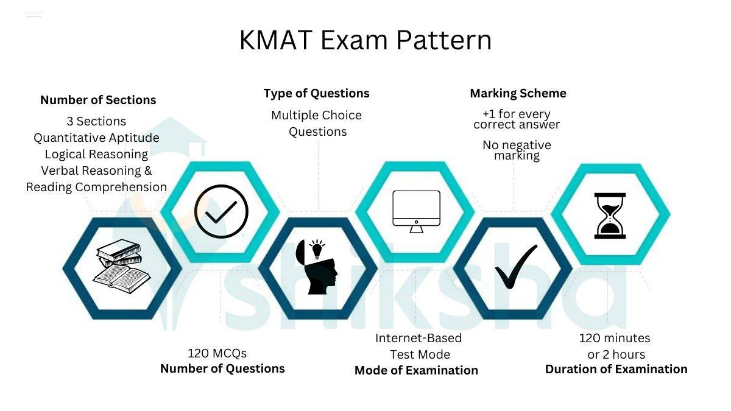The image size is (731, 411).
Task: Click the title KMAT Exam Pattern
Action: coord(365,40)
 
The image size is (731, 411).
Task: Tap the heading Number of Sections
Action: coord(98,100)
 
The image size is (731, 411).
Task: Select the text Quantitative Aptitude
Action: coord(96,138)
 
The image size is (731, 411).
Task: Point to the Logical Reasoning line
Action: coord(96,154)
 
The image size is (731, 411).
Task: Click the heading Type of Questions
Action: coord(316,94)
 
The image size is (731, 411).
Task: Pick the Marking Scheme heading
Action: coord(518,93)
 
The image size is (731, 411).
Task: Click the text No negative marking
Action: coord(517,150)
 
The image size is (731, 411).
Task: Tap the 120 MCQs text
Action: coord(217,353)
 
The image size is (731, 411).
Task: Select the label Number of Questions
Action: coord(222,368)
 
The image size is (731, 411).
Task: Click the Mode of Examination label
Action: coord(416,370)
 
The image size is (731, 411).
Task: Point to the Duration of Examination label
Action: coord(616,369)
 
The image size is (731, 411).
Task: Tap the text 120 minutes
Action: coord(615,338)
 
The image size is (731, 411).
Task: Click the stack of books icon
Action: coord(121,266)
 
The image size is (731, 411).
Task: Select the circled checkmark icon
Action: coord(221,211)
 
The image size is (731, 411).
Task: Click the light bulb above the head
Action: coord(317,249)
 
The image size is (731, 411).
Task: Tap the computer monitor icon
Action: coord(416,211)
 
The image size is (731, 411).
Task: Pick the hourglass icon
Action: coord(610,216)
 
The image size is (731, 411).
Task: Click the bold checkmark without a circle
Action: coord(515,267)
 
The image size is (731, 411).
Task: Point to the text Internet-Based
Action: coord(418,338)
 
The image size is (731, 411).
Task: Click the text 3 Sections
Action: coord(96,121)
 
